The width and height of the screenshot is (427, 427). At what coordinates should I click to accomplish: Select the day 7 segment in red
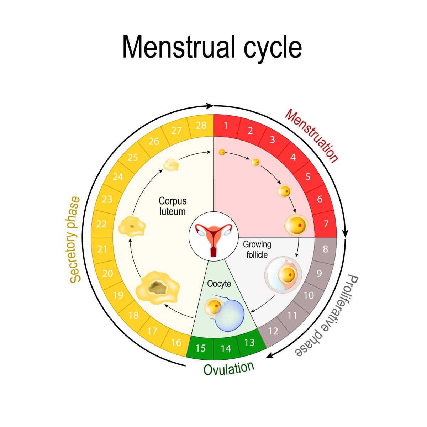[x=326, y=224]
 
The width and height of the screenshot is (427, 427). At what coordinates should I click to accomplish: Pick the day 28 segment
[x=201, y=126]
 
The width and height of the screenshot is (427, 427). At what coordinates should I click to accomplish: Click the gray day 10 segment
[x=309, y=295]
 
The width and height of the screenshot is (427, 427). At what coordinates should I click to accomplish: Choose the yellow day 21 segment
[x=102, y=249]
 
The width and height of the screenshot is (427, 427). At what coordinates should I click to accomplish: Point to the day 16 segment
[x=176, y=342]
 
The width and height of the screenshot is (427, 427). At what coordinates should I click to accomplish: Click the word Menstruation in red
[x=312, y=136]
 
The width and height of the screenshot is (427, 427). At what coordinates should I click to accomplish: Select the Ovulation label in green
[x=229, y=369]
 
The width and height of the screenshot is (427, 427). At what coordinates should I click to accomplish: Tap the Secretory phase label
[x=74, y=240]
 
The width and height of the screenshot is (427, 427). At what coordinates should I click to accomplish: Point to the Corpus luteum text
[x=172, y=206]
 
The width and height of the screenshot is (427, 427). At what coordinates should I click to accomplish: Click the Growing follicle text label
[x=257, y=249]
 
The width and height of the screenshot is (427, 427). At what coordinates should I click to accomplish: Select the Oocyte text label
[x=219, y=284]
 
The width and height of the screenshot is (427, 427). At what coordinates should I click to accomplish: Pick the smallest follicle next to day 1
[x=222, y=152]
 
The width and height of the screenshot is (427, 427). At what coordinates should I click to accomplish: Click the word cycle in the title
[x=273, y=47]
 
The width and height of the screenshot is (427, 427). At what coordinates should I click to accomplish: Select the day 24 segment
[x=118, y=177]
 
